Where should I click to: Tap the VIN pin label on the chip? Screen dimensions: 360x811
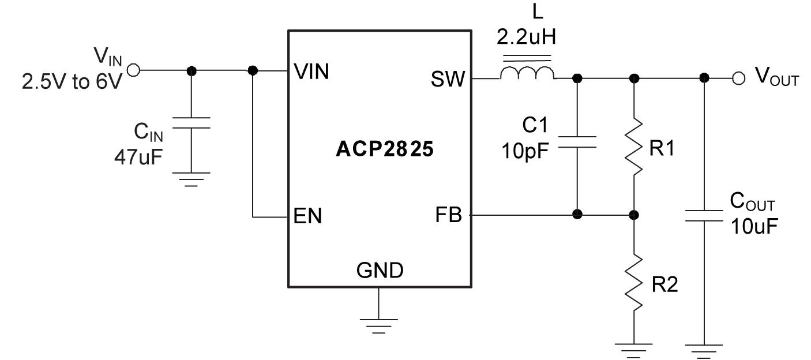(x=311, y=72)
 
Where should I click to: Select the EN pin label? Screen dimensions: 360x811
(x=308, y=217)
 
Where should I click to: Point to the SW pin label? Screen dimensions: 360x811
(x=447, y=79)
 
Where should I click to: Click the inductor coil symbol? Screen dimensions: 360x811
(x=527, y=73)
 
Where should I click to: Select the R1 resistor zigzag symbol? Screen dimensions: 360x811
(x=634, y=147)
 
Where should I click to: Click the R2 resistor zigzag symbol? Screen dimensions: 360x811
(x=634, y=283)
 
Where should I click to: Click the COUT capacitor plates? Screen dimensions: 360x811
(x=704, y=215)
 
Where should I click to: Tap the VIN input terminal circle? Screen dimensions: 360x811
(x=133, y=70)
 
